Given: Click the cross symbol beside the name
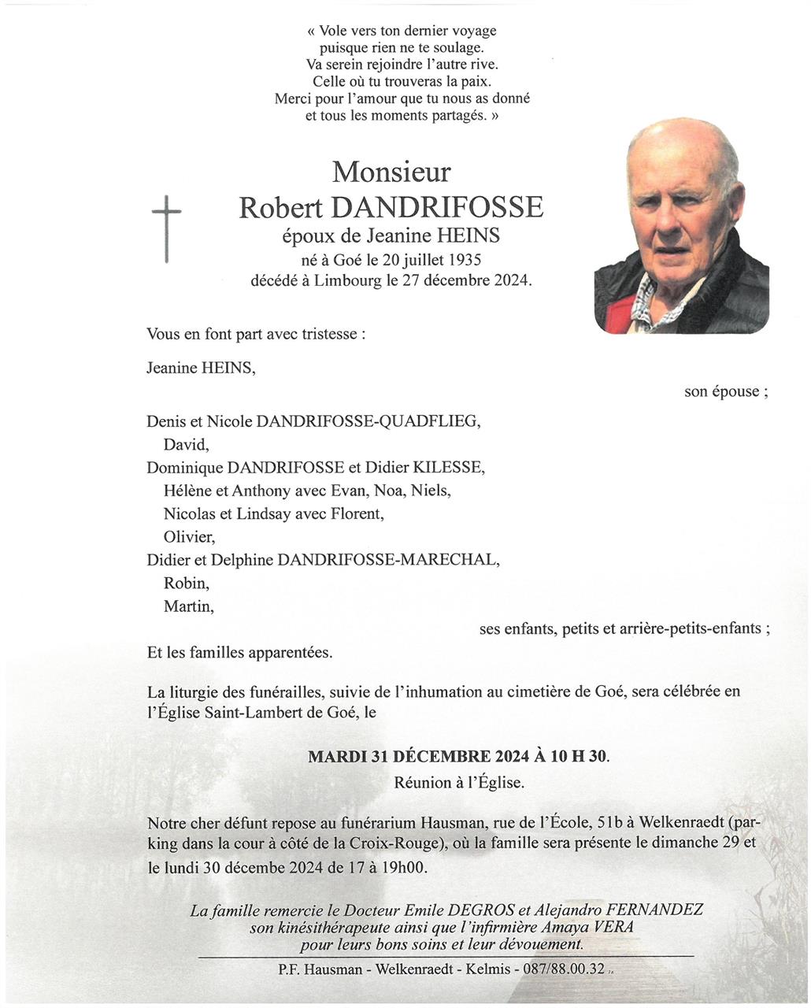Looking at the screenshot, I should pos(166,228).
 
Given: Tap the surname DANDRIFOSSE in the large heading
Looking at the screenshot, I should pos(437,208).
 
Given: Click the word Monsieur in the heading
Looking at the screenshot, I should pos(391,171).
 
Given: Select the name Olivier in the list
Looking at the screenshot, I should pos(189,537).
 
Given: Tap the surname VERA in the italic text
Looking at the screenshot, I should pos(613,927).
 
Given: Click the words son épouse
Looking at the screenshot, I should pos(723,391).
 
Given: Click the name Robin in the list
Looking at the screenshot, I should pos(186,584).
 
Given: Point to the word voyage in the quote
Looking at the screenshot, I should pos(473,31).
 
